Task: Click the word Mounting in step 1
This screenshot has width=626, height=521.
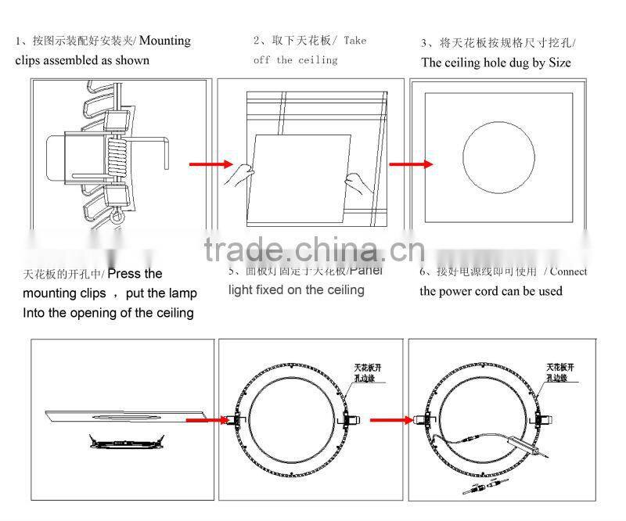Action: (x=165, y=41)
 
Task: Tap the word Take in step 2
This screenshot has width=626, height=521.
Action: (x=354, y=41)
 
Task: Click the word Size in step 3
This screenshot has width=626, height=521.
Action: (x=556, y=63)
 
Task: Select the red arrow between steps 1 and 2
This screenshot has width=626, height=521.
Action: (x=211, y=164)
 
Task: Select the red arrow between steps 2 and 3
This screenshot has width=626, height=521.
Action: (x=411, y=164)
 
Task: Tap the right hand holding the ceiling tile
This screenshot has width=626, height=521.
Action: (x=358, y=185)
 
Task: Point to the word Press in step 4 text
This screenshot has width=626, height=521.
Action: (x=124, y=274)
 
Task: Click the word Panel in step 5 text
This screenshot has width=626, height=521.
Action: (x=365, y=271)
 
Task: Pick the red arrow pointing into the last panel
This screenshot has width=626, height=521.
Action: (x=391, y=420)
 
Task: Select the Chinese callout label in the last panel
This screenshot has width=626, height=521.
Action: (x=561, y=371)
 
